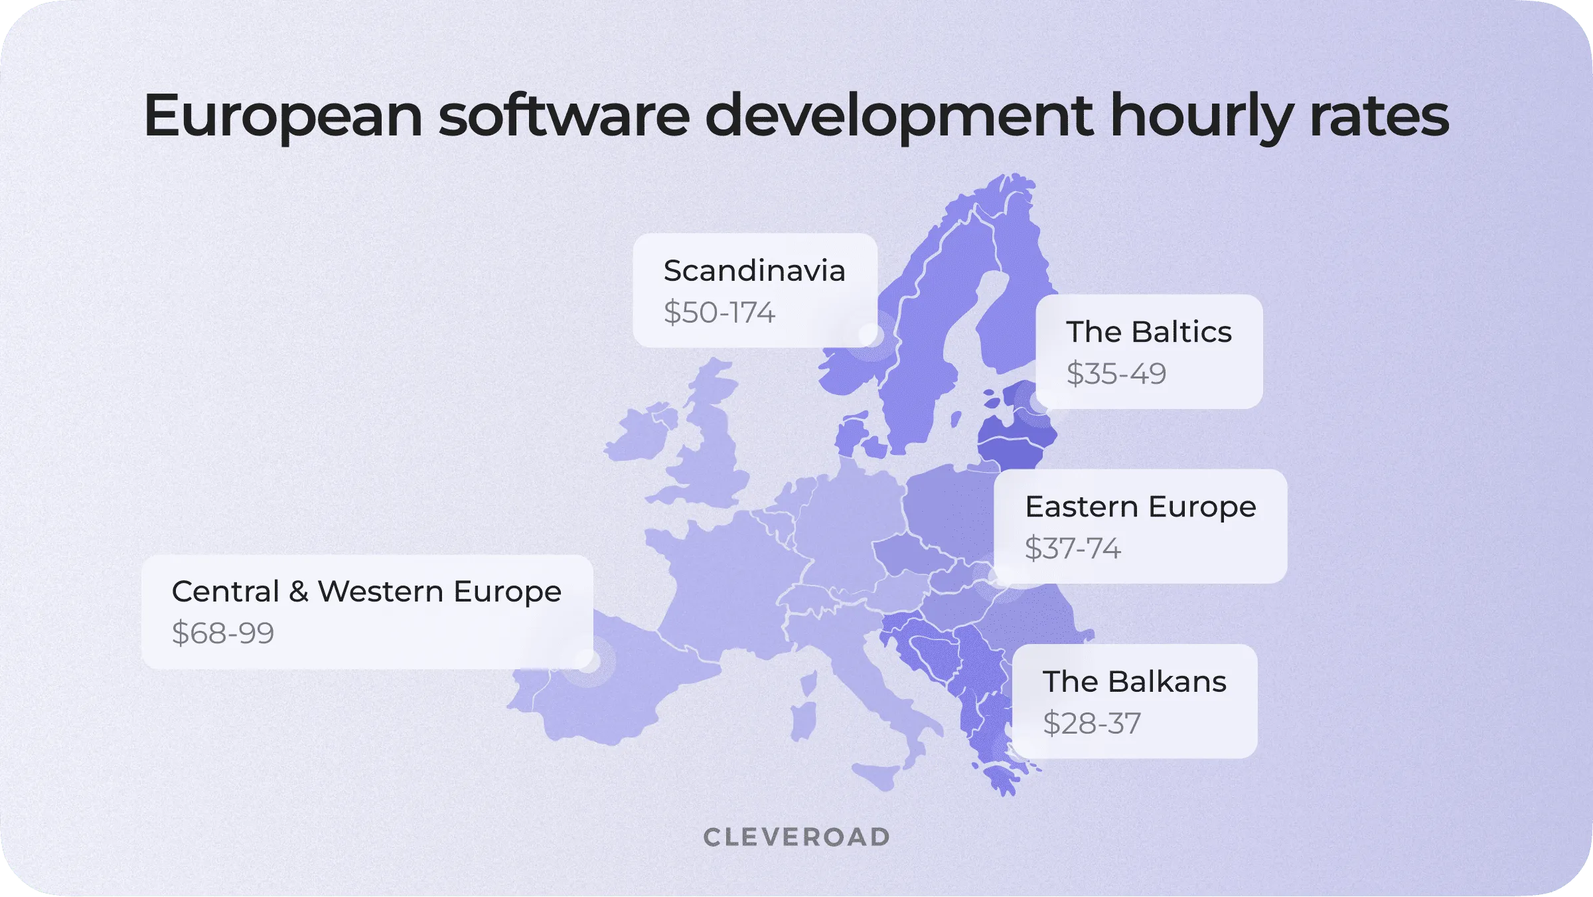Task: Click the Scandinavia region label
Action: coord(754,271)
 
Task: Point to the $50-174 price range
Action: coord(719,313)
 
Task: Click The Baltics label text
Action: coord(1148,332)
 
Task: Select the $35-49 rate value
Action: coord(1116,374)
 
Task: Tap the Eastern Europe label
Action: coord(1140,507)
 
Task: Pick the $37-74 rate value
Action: coord(1073,548)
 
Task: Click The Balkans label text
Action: coord(1134,682)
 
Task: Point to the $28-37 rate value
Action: coord(1092,723)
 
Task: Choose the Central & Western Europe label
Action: coord(366,592)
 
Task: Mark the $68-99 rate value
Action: coord(222,633)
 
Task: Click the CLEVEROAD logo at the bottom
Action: coord(796,837)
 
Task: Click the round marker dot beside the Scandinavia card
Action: coord(868,334)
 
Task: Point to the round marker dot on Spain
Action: coord(587,661)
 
